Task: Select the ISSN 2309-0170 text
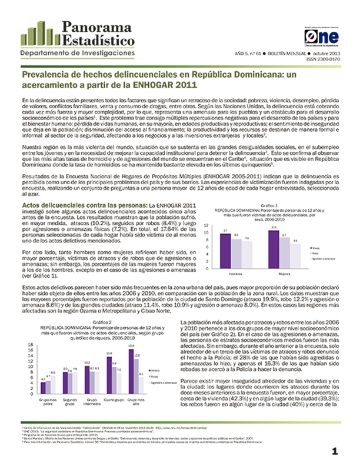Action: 324,59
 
